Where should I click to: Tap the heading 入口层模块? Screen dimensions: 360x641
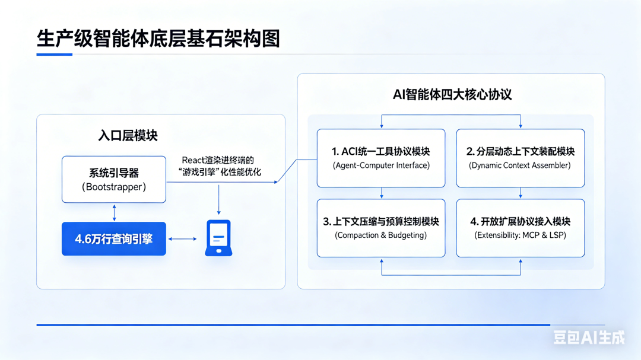click(x=128, y=135)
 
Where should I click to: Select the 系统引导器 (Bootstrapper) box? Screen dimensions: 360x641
click(x=114, y=179)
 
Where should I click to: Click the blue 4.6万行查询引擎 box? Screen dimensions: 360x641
click(x=114, y=239)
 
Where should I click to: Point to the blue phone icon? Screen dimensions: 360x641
click(x=218, y=238)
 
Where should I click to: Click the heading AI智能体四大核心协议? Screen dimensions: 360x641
click(x=452, y=94)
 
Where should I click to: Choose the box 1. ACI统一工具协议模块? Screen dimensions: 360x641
click(x=381, y=158)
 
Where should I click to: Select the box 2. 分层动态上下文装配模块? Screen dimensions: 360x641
click(x=520, y=158)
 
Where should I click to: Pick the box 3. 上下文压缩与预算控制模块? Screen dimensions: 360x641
click(x=381, y=228)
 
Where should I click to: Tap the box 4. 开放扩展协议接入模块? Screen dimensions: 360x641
click(x=520, y=228)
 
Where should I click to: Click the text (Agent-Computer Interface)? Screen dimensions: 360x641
click(x=381, y=165)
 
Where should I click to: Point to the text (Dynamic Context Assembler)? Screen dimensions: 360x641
click(x=520, y=165)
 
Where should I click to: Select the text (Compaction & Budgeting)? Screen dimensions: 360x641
click(x=381, y=235)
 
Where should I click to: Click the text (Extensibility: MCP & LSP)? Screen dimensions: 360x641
click(x=520, y=235)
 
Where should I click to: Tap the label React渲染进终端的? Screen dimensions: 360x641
click(x=218, y=160)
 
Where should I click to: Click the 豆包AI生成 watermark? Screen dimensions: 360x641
click(x=589, y=337)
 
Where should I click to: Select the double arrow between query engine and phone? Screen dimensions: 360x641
click(x=183, y=239)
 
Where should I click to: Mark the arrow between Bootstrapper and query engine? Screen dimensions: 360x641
click(x=114, y=212)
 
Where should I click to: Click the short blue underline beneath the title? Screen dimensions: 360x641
click(x=54, y=55)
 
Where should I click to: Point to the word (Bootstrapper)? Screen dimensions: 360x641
click(x=114, y=187)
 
